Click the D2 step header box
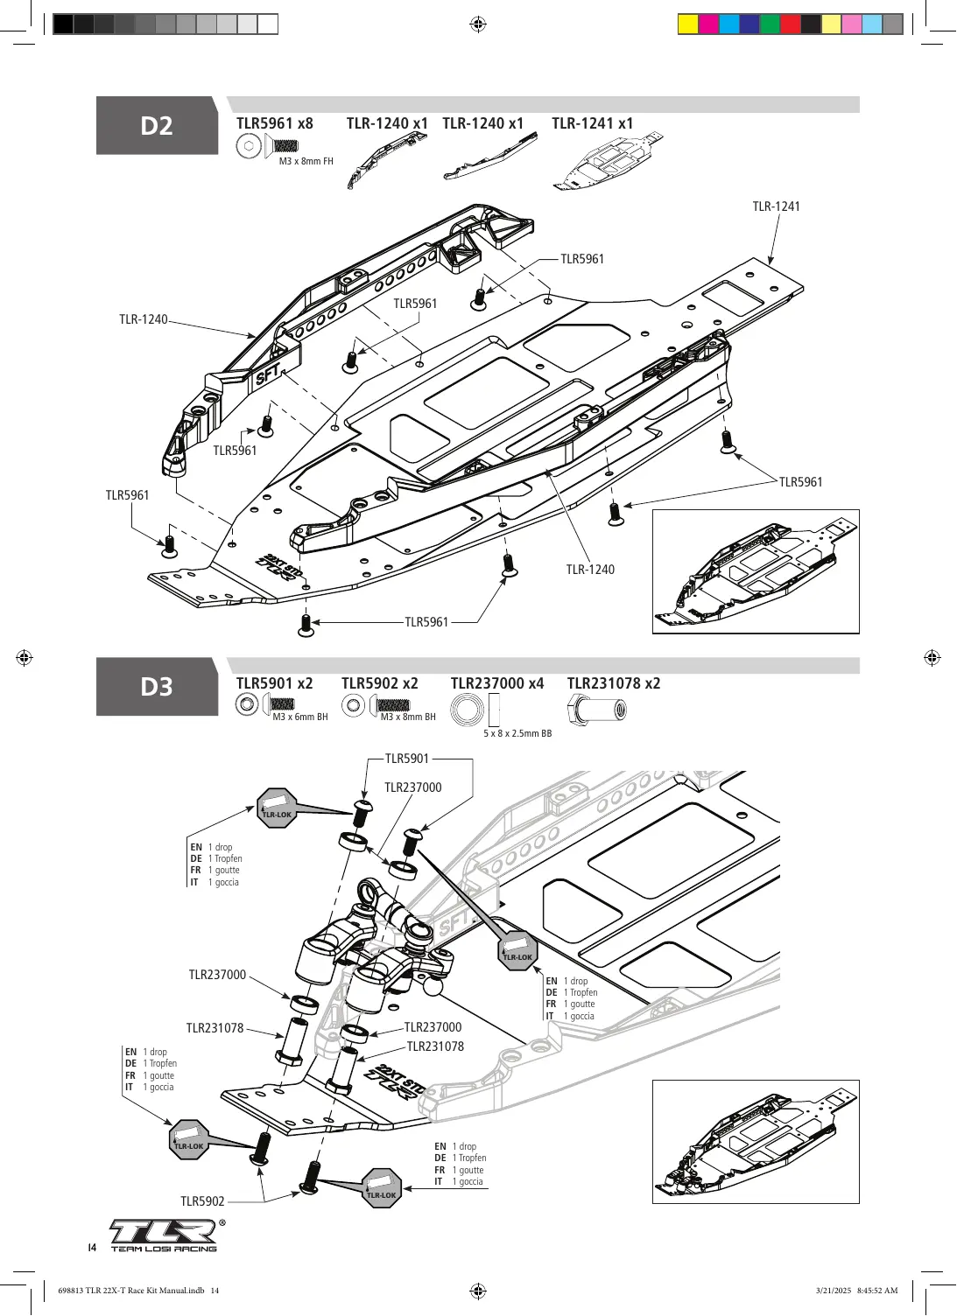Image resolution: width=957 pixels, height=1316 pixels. [x=157, y=125]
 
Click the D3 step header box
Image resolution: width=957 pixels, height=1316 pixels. [x=157, y=686]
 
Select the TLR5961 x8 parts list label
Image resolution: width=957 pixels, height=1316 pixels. [x=275, y=123]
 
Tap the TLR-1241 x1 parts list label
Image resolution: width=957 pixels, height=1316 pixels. [x=592, y=123]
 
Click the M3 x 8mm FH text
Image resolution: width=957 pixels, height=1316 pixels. [x=306, y=161]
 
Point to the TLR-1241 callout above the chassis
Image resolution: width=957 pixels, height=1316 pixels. [x=776, y=206]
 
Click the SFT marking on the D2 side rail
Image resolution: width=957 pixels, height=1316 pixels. [x=268, y=374]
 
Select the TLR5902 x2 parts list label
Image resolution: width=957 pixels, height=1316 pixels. [x=380, y=683]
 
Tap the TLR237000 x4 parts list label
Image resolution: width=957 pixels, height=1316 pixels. [x=497, y=683]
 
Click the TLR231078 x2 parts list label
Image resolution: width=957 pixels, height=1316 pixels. [x=614, y=683]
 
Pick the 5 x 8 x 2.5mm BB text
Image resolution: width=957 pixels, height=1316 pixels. [x=517, y=733]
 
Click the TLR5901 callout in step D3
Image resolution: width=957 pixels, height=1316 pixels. [x=407, y=759]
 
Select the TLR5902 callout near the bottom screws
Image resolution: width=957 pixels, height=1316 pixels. [x=202, y=1200]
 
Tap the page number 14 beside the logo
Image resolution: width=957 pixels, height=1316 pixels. [x=92, y=1247]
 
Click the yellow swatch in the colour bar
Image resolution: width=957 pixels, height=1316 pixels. [x=688, y=24]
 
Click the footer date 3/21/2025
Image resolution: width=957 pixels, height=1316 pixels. [x=834, y=1290]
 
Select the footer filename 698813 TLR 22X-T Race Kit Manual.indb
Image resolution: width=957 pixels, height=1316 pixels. [x=131, y=1290]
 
